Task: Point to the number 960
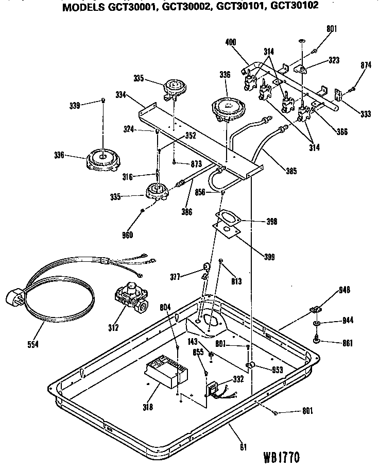tap(127, 236)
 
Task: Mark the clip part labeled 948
tap(315, 308)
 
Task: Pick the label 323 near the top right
tap(333, 60)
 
